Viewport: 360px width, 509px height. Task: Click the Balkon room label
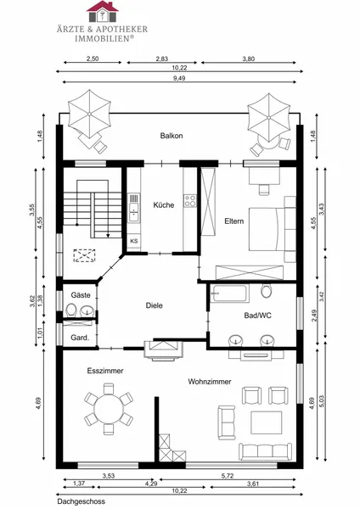coord(172,136)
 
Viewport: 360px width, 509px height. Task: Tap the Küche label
coord(164,205)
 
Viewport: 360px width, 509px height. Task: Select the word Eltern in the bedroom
coord(234,221)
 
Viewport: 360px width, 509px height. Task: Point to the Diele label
coord(154,305)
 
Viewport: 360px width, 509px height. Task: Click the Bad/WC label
coord(257,316)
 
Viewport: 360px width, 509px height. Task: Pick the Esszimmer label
coord(105,371)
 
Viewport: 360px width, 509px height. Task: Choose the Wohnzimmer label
coord(210,382)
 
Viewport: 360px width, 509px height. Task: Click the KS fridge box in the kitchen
coord(134,241)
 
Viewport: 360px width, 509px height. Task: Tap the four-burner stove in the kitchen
coord(190,200)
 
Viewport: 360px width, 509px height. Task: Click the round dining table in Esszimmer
coord(109,409)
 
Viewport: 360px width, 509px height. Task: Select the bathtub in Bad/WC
coord(229,294)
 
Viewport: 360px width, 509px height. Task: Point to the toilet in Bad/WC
coord(266,290)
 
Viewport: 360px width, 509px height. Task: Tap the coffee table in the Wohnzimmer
coord(267,422)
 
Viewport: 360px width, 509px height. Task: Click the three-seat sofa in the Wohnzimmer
coord(266,451)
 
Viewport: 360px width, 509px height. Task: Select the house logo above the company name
coord(103,11)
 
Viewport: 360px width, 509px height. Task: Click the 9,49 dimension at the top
coord(179,78)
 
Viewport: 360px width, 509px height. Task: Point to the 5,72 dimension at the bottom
coord(228,476)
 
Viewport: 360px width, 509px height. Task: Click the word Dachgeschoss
coord(82,501)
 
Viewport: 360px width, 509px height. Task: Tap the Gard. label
coord(80,338)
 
